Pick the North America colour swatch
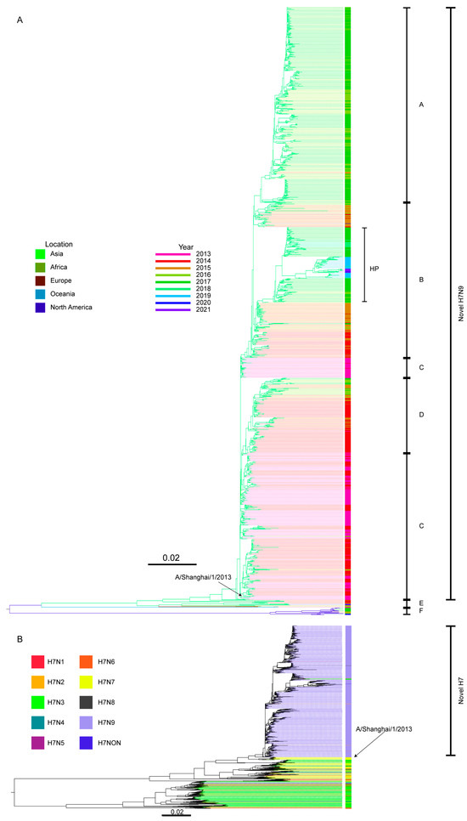[x=39, y=307]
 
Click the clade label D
[x=421, y=415]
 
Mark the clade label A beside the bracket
[x=421, y=105]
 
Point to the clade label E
[x=421, y=603]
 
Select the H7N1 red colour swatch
[x=39, y=662]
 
